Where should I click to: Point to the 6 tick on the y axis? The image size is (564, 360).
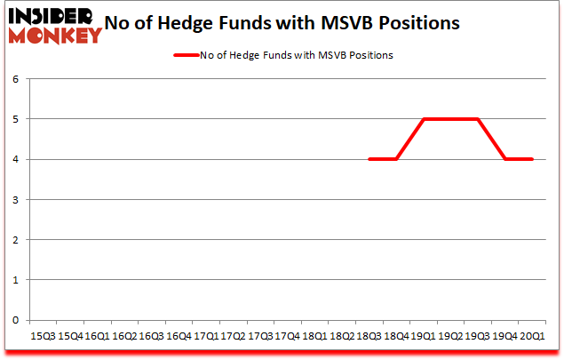click(16, 78)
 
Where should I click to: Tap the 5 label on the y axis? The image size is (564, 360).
click(16, 119)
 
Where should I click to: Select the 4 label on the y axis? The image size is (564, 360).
click(16, 159)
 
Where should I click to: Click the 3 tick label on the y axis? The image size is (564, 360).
click(16, 199)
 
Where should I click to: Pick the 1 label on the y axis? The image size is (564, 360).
click(16, 280)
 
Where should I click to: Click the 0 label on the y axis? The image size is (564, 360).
click(16, 320)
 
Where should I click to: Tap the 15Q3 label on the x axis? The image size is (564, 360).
click(43, 337)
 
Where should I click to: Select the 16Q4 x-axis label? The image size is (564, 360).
click(179, 337)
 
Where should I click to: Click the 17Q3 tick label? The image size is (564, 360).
click(259, 337)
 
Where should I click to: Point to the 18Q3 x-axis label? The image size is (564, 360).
click(369, 337)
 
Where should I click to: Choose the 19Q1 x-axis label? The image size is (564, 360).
click(423, 337)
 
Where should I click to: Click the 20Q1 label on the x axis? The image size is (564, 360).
click(532, 337)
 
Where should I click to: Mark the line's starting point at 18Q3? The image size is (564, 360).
click(369, 159)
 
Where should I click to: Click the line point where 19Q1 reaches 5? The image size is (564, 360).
click(423, 119)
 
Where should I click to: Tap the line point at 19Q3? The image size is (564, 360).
click(478, 119)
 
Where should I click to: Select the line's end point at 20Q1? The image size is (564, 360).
click(532, 159)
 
